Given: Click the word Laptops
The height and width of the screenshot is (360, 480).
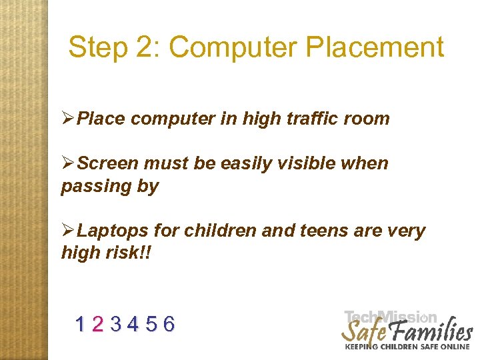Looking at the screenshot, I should click(113, 231).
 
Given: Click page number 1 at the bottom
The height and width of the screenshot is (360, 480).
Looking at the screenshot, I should click(81, 325).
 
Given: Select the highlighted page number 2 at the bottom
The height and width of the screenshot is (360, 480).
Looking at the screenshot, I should click(98, 325).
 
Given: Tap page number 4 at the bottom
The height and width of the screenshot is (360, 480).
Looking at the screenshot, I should click(133, 325).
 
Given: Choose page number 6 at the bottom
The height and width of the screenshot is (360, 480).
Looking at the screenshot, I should click(169, 325).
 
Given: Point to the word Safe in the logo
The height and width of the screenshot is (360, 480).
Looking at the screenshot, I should click(363, 331).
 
